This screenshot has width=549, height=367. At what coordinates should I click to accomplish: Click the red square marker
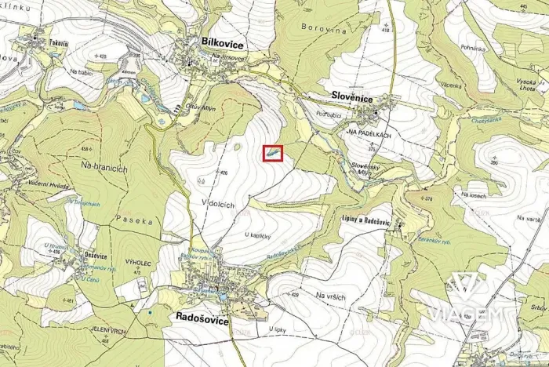272,154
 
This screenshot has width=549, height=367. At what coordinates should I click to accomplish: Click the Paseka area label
133,221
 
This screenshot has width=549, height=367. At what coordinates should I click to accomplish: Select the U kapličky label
257,235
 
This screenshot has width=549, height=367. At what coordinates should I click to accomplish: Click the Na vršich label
330,295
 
